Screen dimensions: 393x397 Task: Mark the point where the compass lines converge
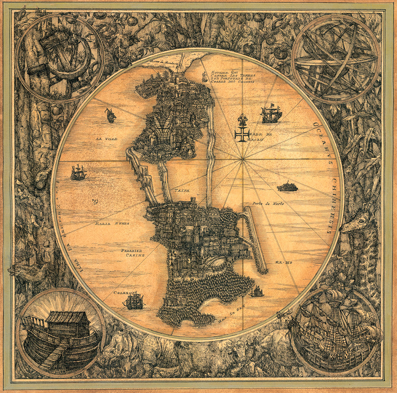pyautogui.click(x=243, y=159)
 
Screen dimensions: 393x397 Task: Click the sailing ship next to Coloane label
pyautogui.click(x=134, y=301)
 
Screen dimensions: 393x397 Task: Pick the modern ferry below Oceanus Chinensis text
pyautogui.click(x=287, y=187)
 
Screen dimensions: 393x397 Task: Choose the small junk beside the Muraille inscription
pyautogui.click(x=204, y=77)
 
